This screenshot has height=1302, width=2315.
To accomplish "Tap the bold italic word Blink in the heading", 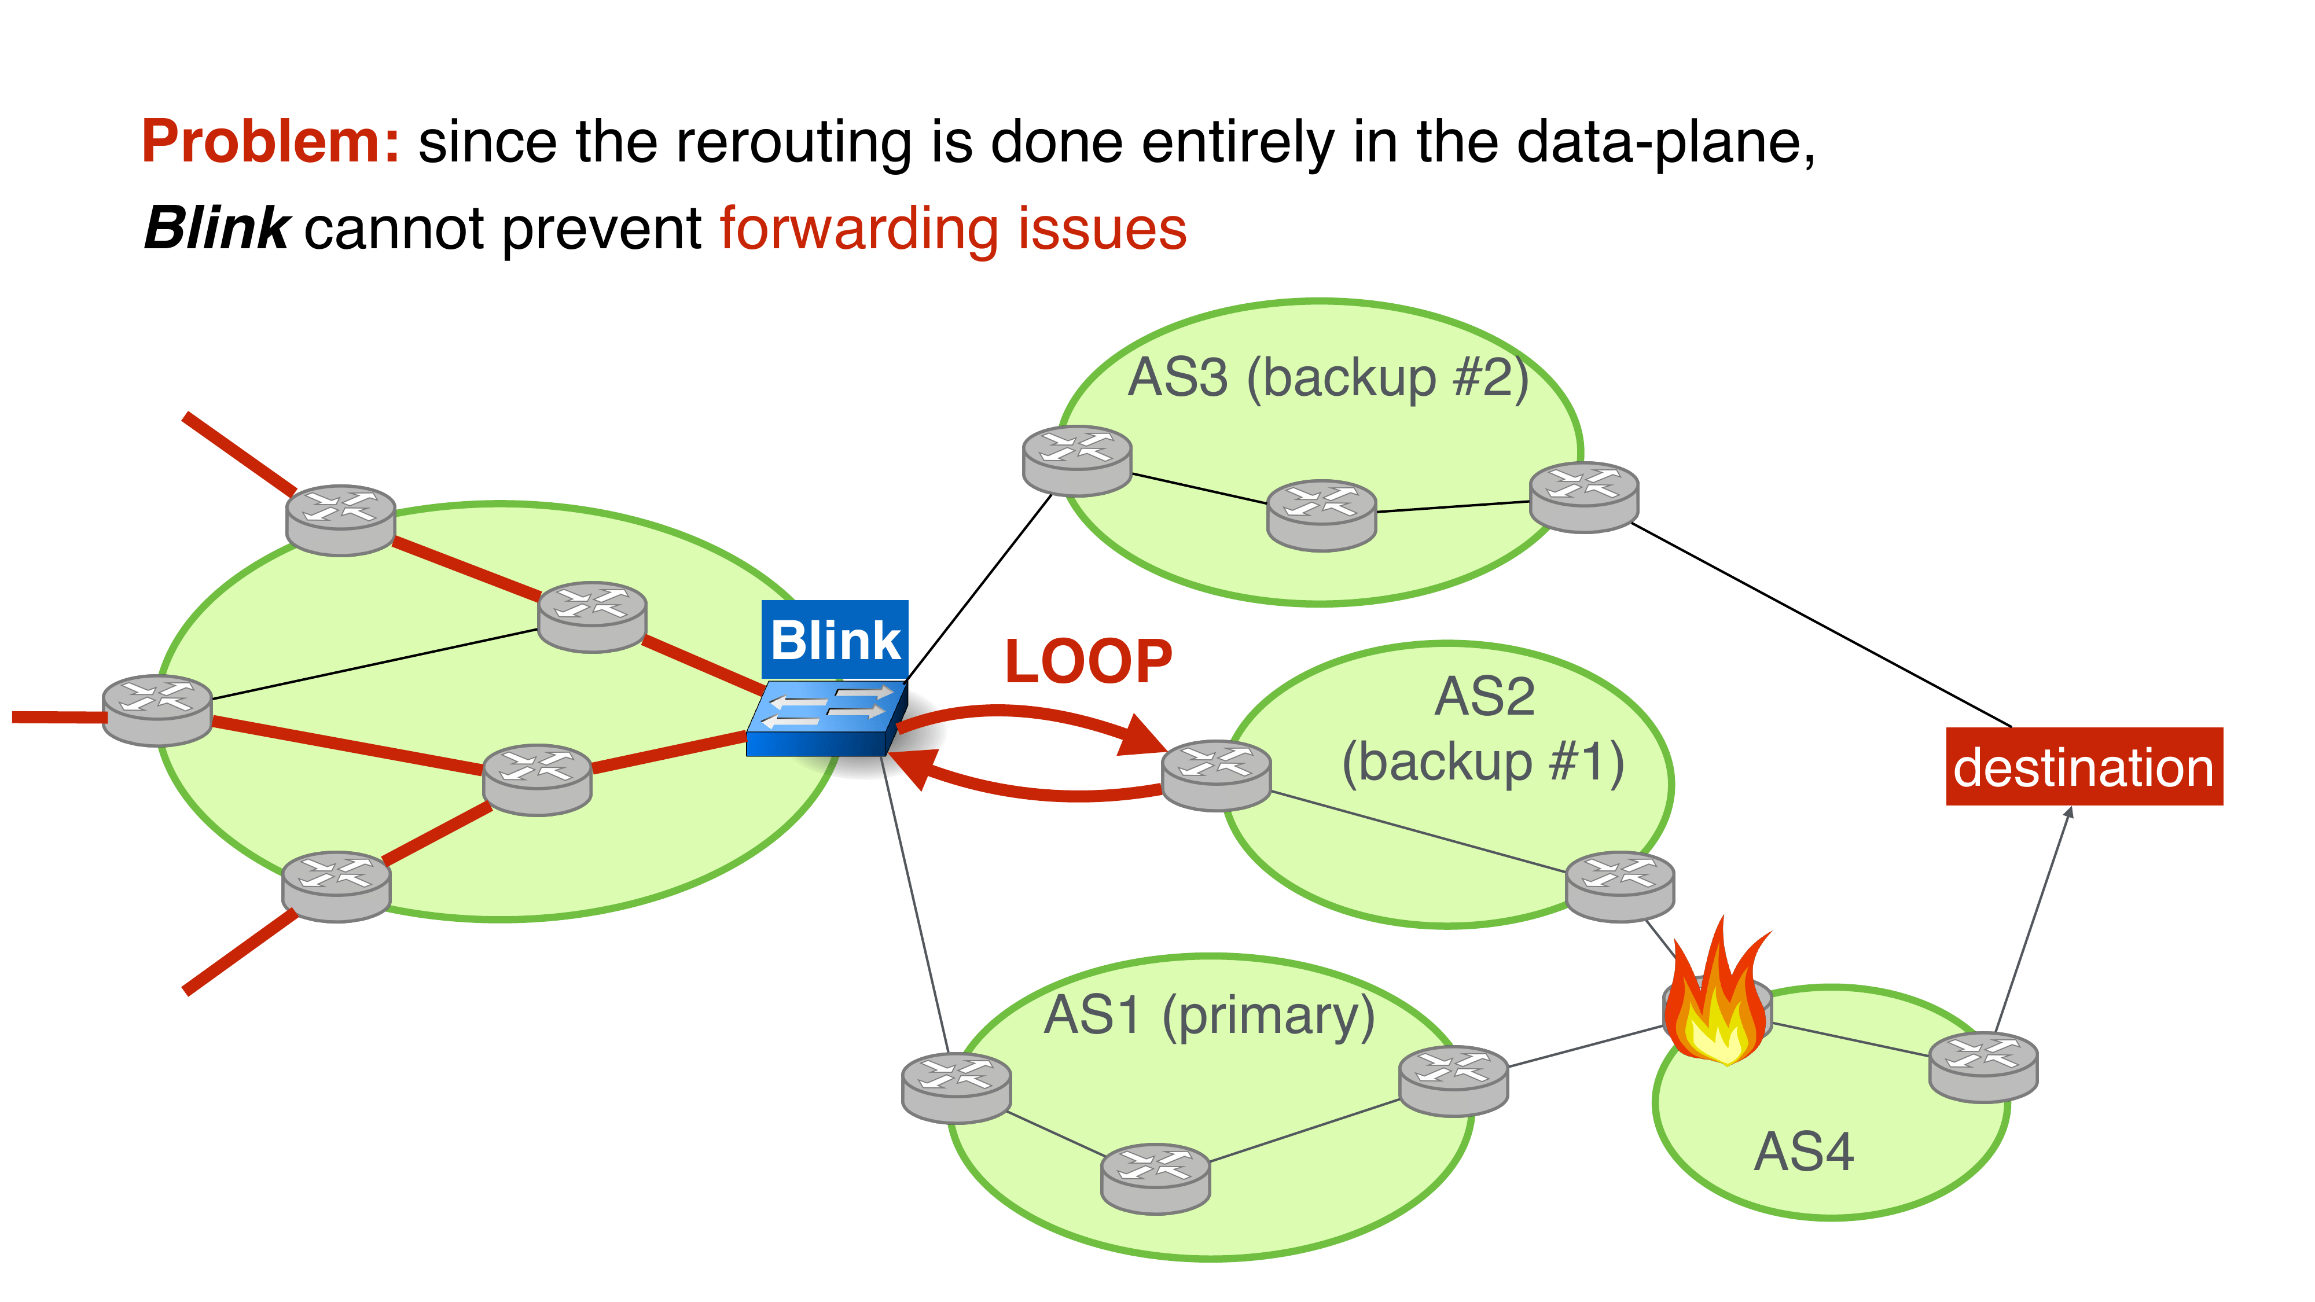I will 216,228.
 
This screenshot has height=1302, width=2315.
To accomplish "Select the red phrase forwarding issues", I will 953,228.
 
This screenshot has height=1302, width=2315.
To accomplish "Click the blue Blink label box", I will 835,640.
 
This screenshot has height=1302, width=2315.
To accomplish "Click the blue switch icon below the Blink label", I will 825,719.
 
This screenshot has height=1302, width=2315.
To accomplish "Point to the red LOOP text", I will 1088,662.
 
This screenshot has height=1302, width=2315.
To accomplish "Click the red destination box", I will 2083,767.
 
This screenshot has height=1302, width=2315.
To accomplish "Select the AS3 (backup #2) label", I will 1327,377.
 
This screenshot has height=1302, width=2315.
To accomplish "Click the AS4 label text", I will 1803,1152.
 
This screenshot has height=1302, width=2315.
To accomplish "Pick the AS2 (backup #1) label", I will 1484,730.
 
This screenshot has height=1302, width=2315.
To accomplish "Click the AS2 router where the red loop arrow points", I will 1216,775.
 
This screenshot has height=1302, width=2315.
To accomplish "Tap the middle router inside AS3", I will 1321,515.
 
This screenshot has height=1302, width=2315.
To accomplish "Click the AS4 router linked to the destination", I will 1983,1066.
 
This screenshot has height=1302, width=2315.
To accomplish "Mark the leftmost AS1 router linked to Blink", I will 956,1087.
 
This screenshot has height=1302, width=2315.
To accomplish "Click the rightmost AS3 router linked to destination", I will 1583,497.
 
